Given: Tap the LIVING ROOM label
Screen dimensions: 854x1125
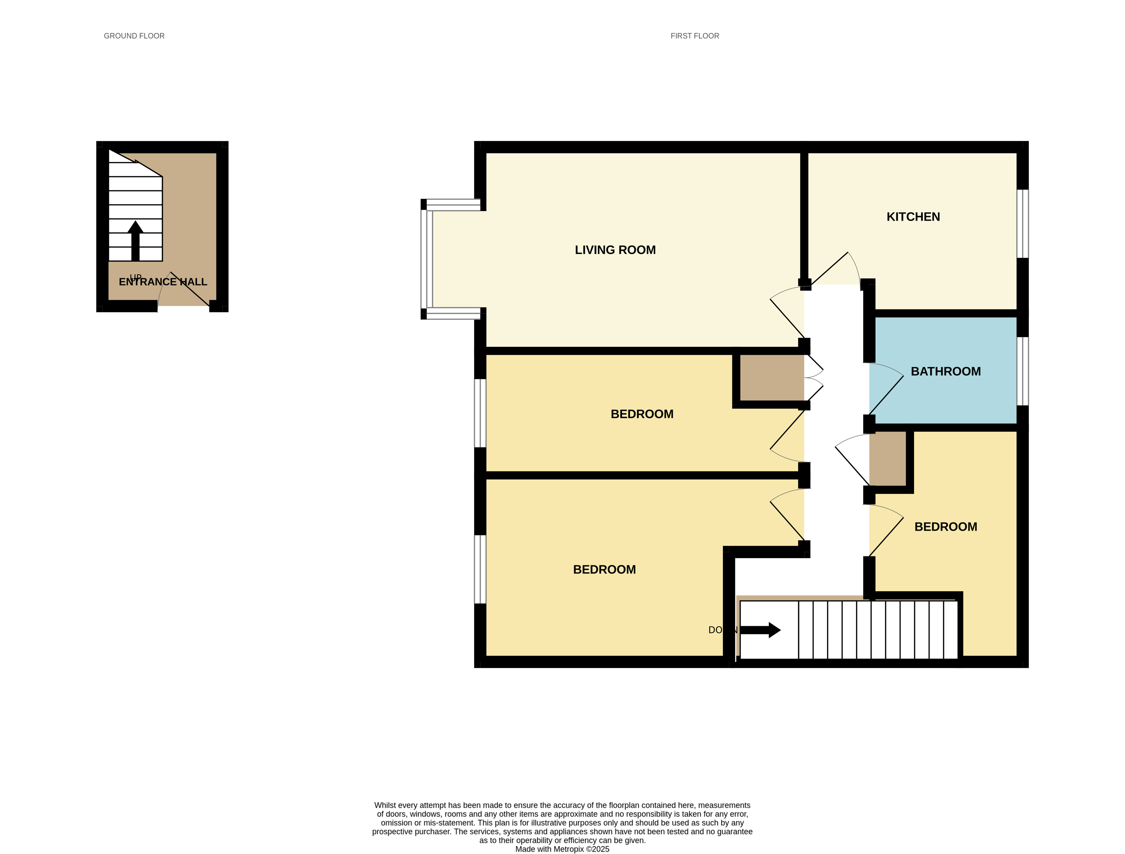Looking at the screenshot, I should (x=615, y=250).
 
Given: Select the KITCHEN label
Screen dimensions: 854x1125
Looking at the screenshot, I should (x=913, y=217).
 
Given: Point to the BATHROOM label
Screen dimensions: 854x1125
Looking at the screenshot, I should (x=945, y=372).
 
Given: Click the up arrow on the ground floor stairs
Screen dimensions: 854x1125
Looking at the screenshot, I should (x=135, y=240).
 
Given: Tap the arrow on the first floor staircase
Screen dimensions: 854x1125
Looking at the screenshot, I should (x=760, y=630).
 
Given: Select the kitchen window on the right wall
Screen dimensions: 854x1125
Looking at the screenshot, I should (x=1022, y=224).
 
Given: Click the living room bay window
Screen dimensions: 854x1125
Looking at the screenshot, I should (x=426, y=259).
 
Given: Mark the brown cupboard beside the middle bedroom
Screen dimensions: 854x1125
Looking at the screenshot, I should (x=771, y=378).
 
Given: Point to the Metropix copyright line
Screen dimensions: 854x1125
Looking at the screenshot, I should (x=562, y=849).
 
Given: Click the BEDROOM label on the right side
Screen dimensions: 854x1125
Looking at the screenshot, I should (x=945, y=527).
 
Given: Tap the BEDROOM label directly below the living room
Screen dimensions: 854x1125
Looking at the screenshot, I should (x=642, y=414).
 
